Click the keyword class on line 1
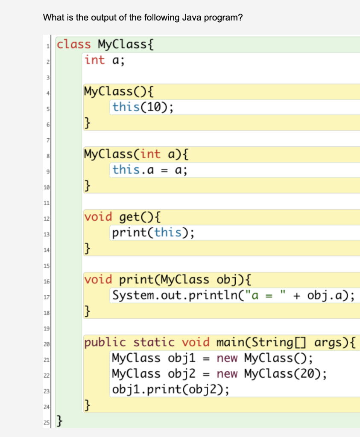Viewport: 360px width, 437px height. point(73,44)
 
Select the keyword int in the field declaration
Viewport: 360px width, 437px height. point(94,60)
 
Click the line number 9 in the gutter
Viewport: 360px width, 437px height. point(49,171)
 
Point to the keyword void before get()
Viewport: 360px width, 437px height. point(98,217)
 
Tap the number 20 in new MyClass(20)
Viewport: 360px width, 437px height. point(310,374)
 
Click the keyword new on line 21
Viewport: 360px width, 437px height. point(230,358)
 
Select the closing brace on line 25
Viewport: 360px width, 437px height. point(60,422)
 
